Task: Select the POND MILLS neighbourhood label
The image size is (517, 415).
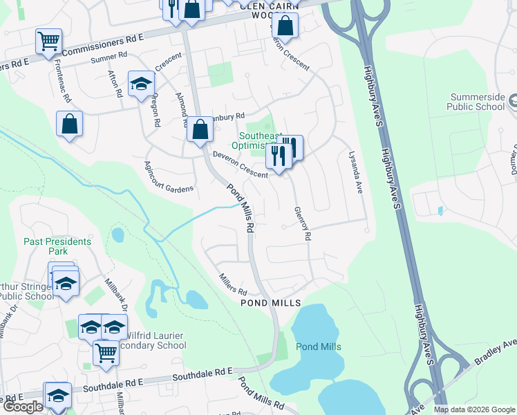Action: [x=270, y=303]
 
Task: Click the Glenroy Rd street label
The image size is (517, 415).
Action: [x=303, y=223]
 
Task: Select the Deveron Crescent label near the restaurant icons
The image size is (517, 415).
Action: [x=240, y=164]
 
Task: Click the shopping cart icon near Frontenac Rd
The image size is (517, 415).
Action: [x=48, y=41]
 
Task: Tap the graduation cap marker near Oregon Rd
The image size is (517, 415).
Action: [x=141, y=84]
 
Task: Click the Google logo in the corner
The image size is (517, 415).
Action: [x=23, y=407]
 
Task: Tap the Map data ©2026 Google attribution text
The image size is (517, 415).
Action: [x=474, y=409]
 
